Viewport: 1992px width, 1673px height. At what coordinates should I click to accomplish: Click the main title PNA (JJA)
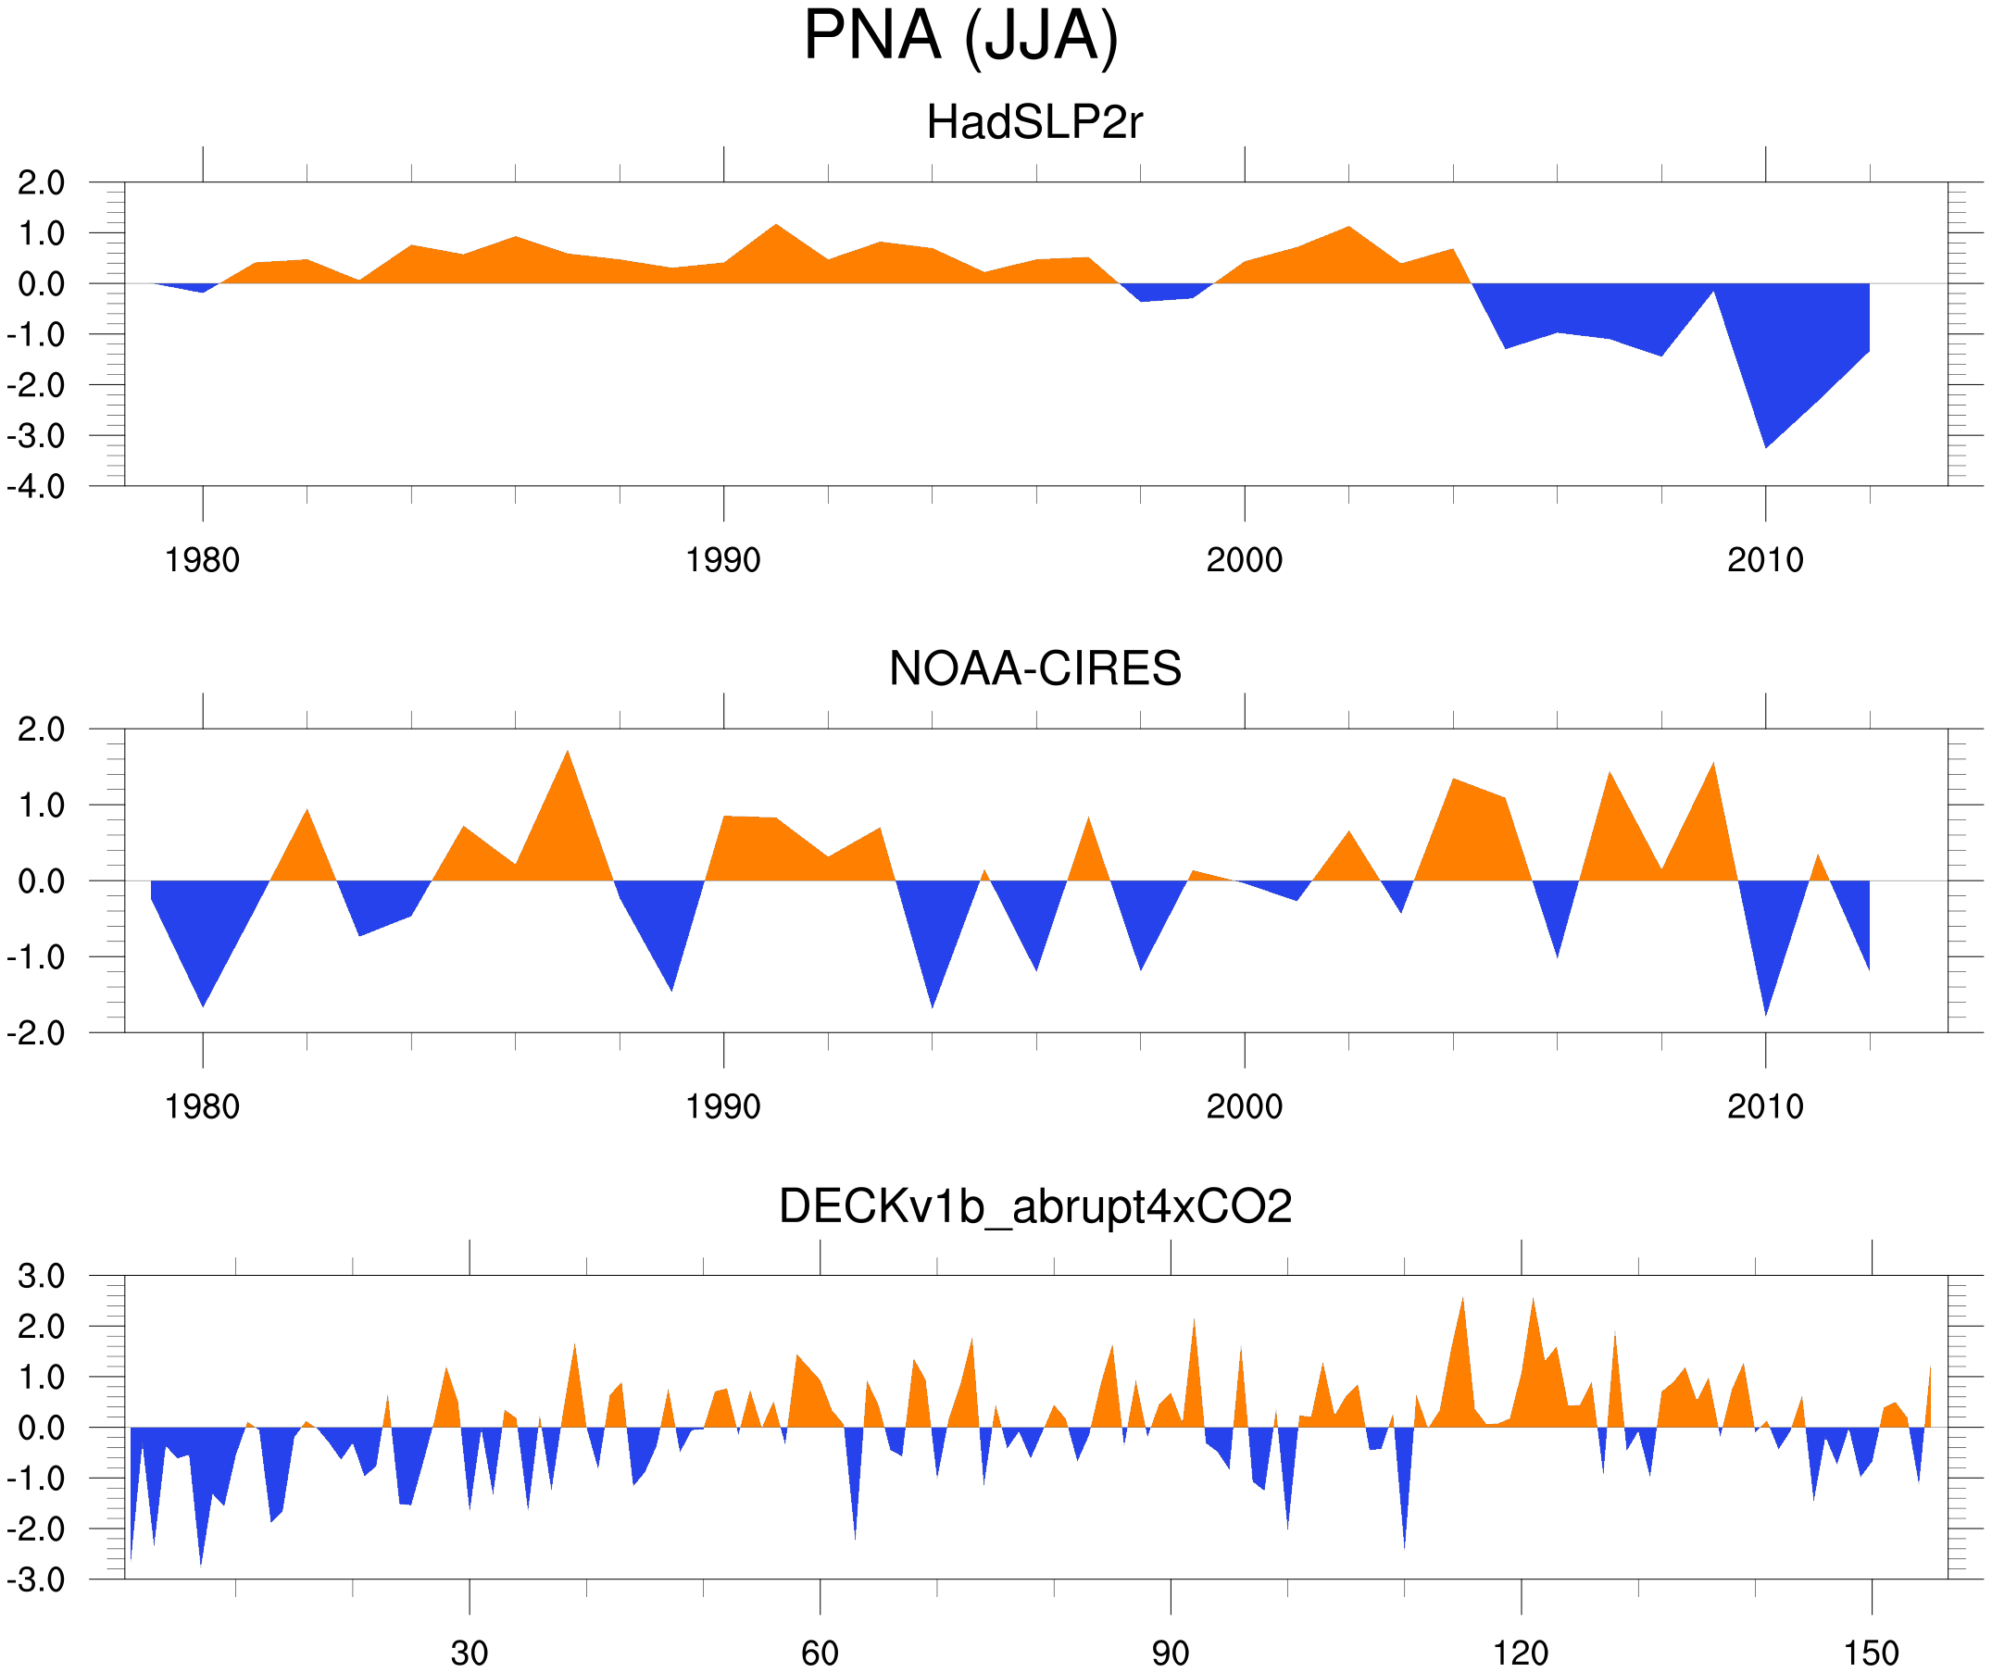(x=960, y=36)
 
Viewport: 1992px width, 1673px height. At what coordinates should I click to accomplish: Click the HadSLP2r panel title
(x=1034, y=122)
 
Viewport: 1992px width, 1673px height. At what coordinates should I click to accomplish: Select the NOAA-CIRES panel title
(x=1034, y=668)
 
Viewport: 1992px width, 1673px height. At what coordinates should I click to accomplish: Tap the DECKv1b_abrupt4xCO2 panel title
(x=1034, y=1206)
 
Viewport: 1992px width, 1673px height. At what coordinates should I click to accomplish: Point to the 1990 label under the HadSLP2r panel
(x=723, y=560)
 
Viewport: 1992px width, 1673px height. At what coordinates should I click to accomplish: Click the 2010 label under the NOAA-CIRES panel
(x=1764, y=1106)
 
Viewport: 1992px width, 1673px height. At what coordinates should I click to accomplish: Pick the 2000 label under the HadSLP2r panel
(x=1244, y=560)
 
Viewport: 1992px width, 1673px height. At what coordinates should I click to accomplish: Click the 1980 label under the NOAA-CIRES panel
(x=202, y=1106)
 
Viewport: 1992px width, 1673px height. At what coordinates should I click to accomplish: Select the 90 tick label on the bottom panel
(x=1170, y=1653)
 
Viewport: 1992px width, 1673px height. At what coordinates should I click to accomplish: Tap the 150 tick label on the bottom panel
(x=1871, y=1653)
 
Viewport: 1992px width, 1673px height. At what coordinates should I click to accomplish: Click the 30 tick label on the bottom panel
(x=469, y=1653)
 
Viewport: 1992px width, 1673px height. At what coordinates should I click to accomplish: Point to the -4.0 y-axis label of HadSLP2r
(x=36, y=487)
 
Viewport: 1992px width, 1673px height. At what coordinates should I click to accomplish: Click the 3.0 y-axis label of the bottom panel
(x=42, y=1276)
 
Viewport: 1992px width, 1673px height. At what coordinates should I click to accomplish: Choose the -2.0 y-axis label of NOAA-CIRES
(x=36, y=1033)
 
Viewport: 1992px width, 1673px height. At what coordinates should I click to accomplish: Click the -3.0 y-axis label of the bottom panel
(x=36, y=1579)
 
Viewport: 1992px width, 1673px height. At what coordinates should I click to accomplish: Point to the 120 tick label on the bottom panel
(x=1521, y=1653)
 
